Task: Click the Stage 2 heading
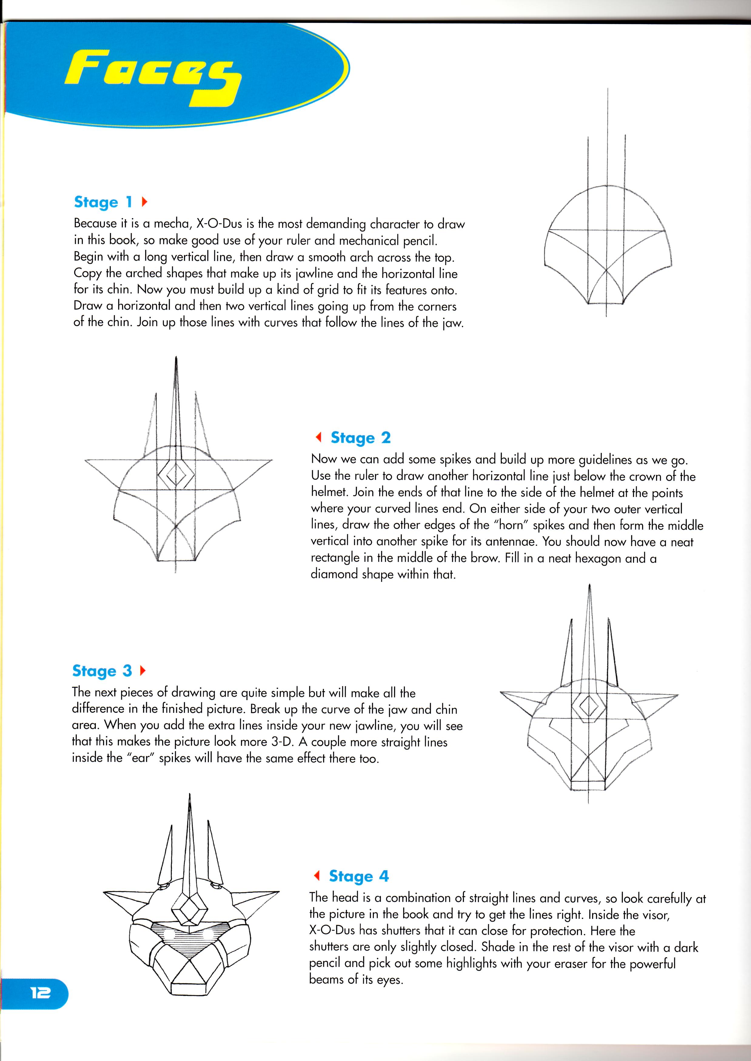point(361,437)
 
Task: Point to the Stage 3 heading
point(102,670)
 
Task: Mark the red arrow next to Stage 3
point(142,670)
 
